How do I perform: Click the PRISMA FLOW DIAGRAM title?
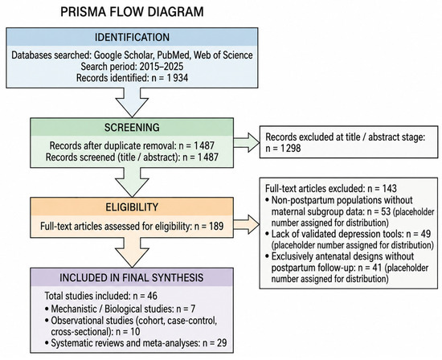coord(132,12)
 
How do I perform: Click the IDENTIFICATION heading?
coord(132,37)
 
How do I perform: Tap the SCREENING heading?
coord(132,128)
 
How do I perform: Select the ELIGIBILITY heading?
coord(132,207)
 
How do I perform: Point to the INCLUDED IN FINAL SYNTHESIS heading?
coord(131,278)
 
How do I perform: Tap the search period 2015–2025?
coord(162,67)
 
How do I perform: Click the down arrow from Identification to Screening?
coord(132,102)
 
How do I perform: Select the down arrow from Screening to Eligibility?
coord(132,182)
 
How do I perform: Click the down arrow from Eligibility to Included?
coord(132,252)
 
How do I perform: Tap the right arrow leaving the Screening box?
coord(247,142)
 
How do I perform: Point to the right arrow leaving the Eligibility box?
coord(247,224)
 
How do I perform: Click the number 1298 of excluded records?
coord(291,148)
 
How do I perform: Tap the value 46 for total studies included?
coord(152,296)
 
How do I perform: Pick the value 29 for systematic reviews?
coord(222,343)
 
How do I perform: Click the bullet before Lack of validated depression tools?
coord(268,234)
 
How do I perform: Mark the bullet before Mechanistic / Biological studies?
coord(47,309)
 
